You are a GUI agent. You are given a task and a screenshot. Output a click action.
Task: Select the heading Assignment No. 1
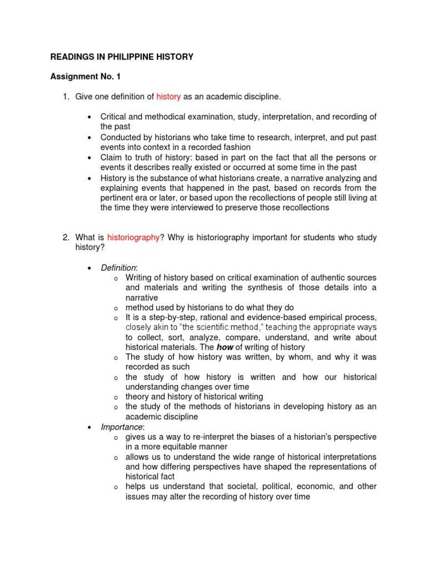tap(85, 77)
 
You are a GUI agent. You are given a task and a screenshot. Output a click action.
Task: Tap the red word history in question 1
tap(168, 97)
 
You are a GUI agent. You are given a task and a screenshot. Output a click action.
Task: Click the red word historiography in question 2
tap(133, 237)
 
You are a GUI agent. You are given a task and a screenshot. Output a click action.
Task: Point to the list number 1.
tap(66, 97)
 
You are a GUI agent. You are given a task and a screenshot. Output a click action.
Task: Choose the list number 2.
tap(66, 237)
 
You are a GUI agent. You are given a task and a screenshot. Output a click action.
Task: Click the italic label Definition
tap(118, 268)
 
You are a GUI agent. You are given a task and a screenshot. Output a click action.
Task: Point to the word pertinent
tap(118, 198)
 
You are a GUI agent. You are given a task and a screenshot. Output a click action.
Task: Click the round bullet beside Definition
tap(90, 268)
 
